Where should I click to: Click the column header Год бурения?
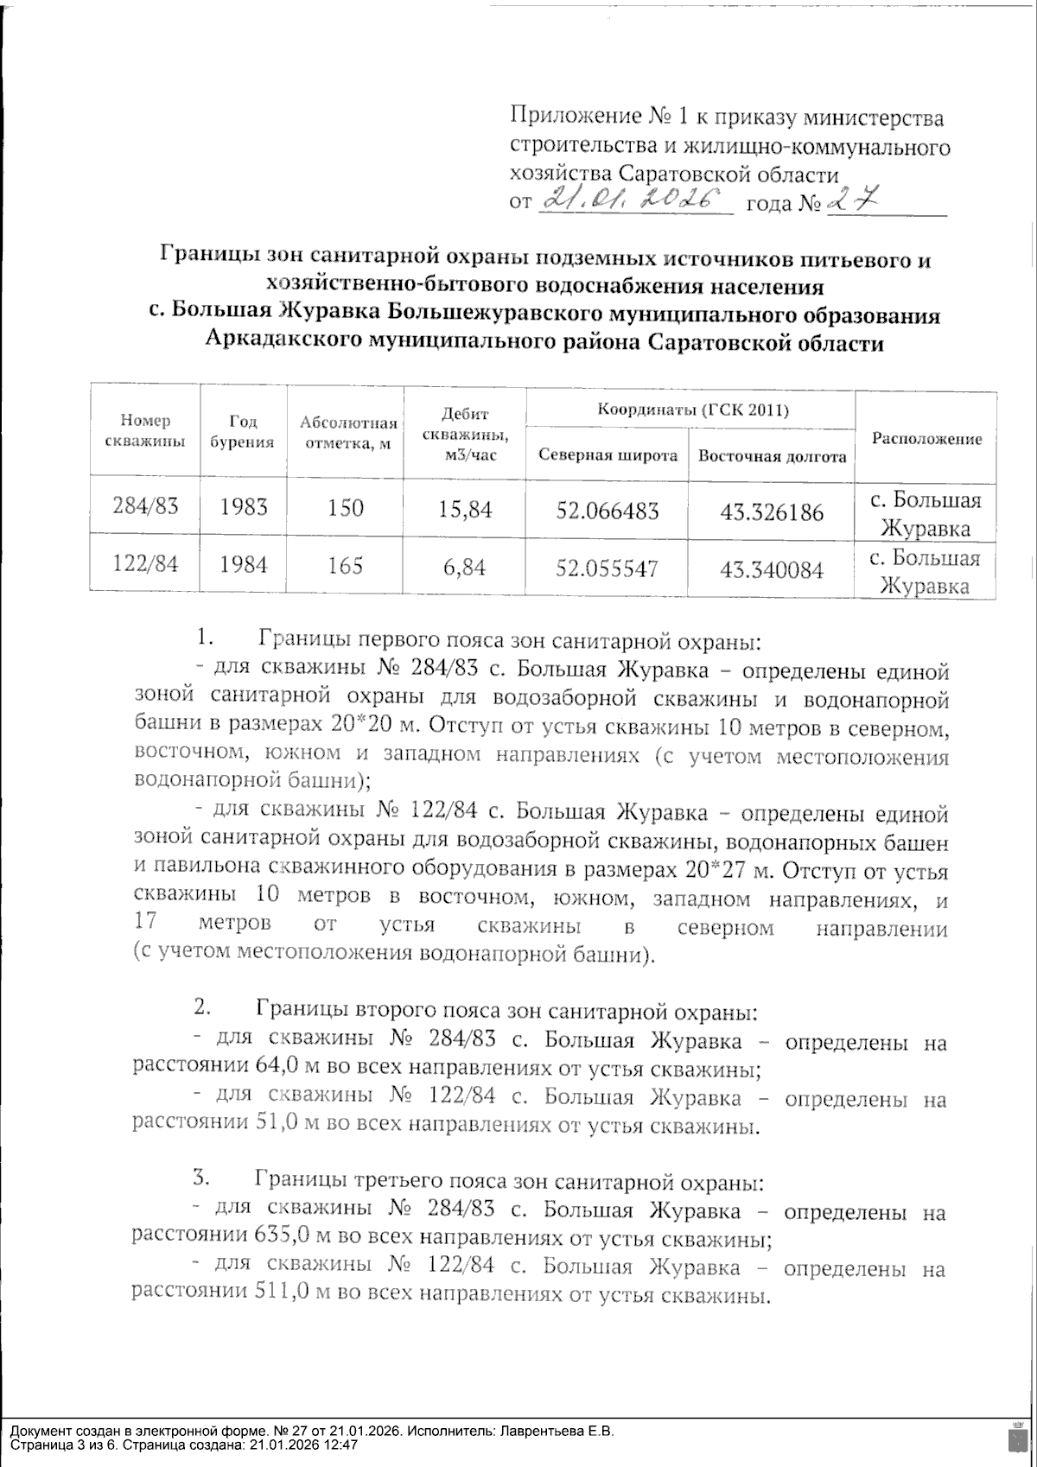tap(242, 431)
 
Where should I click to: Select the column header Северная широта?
tap(607, 455)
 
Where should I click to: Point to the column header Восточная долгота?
tap(772, 455)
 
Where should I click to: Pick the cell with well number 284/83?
tap(145, 506)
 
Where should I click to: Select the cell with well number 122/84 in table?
tap(145, 564)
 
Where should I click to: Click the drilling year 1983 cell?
tap(243, 506)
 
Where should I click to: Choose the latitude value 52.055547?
tap(607, 568)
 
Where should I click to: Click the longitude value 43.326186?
tap(772, 511)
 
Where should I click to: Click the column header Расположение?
tap(927, 438)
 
